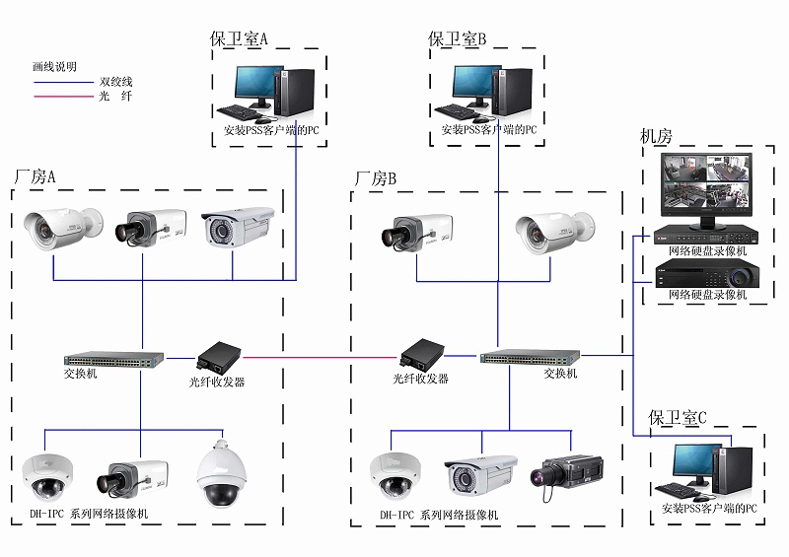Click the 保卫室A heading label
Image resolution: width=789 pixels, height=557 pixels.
pos(239,39)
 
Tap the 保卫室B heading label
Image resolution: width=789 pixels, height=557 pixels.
pos(457,39)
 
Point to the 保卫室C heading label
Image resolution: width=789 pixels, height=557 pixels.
pos(678,418)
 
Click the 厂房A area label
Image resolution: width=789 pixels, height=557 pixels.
pos(35,176)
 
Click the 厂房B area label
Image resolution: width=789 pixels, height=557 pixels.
pos(375,178)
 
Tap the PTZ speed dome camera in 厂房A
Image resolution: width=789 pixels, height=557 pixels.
pos(218,474)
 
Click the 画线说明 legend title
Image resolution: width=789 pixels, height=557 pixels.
pos(54,67)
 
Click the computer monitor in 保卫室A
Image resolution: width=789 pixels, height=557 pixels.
pos(253,88)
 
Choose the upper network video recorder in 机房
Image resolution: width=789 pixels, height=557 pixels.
pos(707,237)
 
